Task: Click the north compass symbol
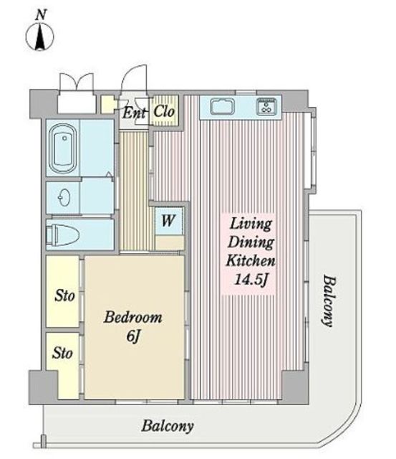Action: (40, 37)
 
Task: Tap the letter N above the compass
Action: (40, 15)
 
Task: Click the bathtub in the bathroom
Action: (63, 148)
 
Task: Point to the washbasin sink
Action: (64, 197)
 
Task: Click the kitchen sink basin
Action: (223, 106)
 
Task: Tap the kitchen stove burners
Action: (266, 106)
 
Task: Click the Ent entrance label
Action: (134, 113)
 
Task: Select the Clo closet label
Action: (164, 111)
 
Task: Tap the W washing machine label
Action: (168, 221)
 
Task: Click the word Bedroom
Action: (133, 317)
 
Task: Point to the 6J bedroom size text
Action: (133, 336)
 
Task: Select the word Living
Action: (251, 224)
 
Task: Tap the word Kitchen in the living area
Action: (251, 260)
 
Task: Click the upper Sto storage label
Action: (65, 295)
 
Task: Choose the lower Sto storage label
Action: (62, 353)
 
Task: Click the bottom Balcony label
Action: (168, 426)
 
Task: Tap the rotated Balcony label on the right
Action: (329, 301)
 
